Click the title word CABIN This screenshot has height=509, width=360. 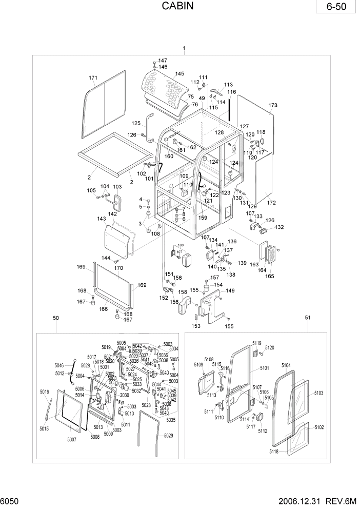(179, 7)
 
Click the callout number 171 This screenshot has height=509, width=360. (93, 78)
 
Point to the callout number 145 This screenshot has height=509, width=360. (179, 74)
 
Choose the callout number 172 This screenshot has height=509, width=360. (271, 203)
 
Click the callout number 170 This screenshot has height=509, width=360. (118, 268)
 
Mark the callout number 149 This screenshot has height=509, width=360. (230, 291)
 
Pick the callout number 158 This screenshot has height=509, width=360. (182, 292)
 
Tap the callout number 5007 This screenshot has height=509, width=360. (71, 440)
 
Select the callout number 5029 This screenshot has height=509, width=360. (168, 436)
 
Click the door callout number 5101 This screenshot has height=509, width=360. (264, 368)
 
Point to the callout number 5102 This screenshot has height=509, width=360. (319, 427)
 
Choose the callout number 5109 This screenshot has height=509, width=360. (198, 365)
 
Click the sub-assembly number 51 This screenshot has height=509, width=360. (308, 318)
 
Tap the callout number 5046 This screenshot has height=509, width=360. (59, 365)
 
